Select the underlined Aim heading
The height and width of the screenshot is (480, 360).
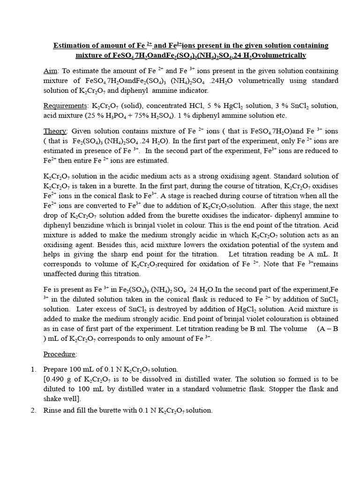tap(50, 71)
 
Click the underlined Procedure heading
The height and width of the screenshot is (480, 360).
tap(60, 353)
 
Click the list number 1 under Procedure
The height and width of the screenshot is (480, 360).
tap(33, 369)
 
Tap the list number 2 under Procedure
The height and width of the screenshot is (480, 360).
tap(33, 410)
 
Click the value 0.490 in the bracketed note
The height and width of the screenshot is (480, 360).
tap(57, 379)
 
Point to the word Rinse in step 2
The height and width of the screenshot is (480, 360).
tap(52, 410)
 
